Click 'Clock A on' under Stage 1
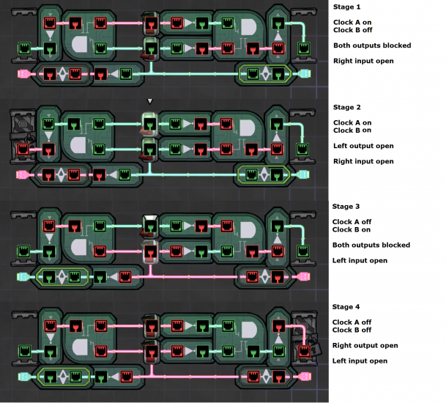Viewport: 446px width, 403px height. click(x=352, y=23)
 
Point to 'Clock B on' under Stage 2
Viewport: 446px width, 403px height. click(x=352, y=130)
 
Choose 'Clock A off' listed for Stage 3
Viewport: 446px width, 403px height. click(x=352, y=222)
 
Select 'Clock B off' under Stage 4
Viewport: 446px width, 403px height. click(x=352, y=330)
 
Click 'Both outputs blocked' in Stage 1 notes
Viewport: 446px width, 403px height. click(x=371, y=45)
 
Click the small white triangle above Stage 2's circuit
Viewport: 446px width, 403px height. click(x=149, y=101)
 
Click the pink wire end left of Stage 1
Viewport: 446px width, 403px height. click(x=22, y=74)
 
